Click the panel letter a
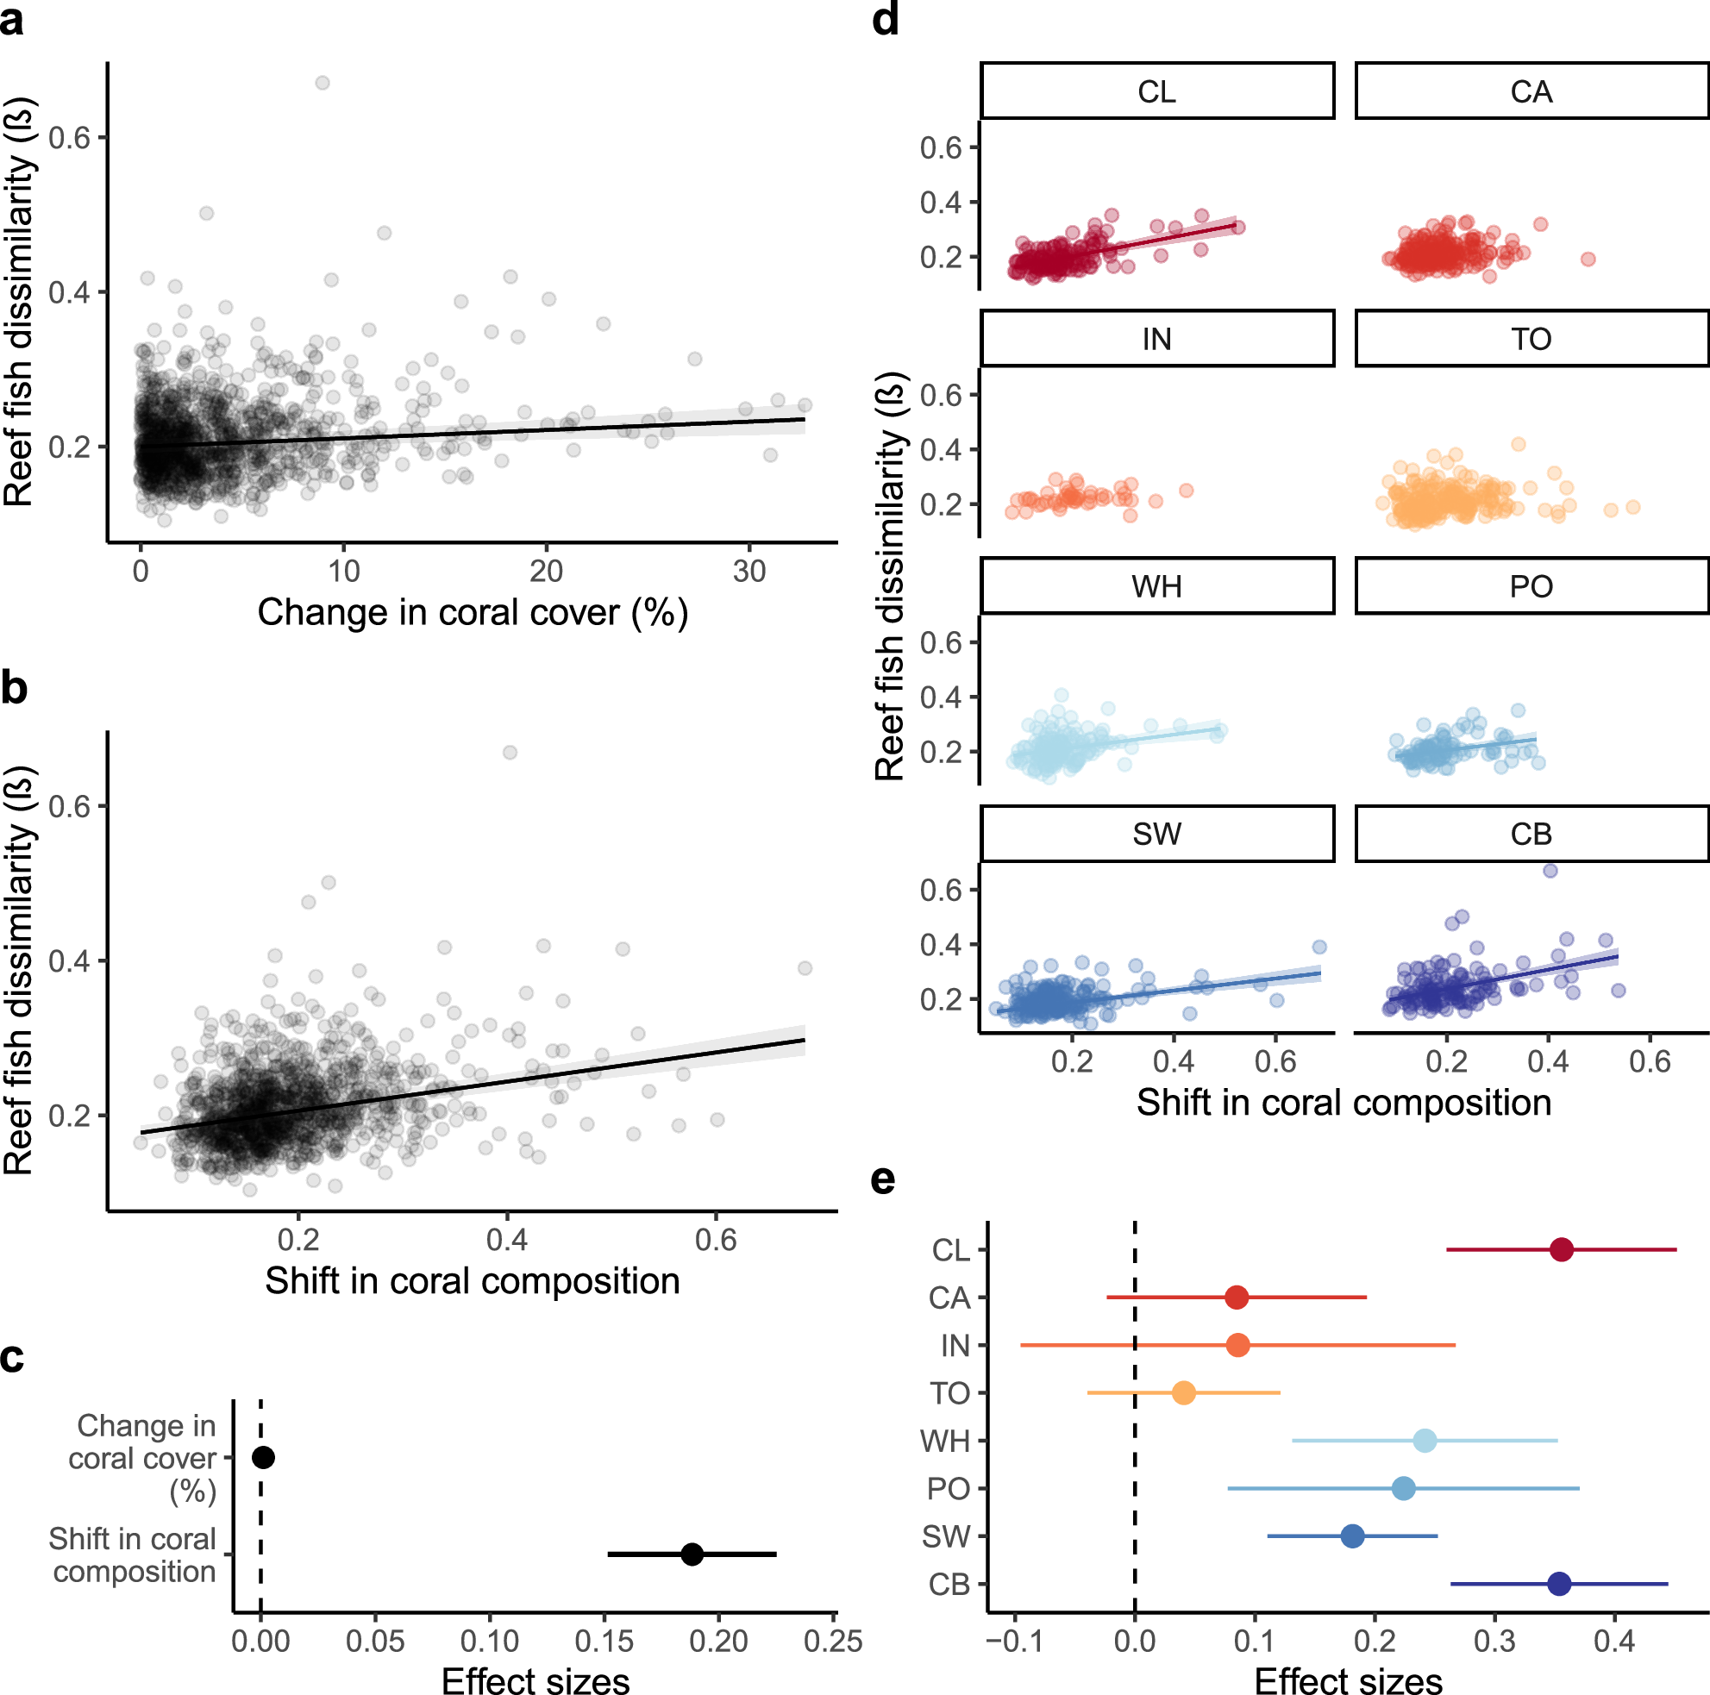pos(12,20)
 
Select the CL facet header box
pos(1157,91)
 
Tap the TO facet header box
pos(1531,339)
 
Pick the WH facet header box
pos(1157,586)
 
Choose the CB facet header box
pos(1531,834)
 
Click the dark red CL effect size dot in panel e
pos(1562,1250)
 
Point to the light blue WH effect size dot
pos(1425,1441)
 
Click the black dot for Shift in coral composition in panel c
pos(692,1554)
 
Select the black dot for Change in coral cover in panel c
pos(263,1458)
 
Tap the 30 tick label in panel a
pos(749,572)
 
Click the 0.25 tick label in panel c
pos(833,1642)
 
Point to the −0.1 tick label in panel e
pos(1014,1642)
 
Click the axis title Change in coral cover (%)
pos(473,612)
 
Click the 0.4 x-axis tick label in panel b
pos(507,1240)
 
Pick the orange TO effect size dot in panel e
pos(1183,1393)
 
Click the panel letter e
pos(883,1180)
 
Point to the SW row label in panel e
pos(946,1536)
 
